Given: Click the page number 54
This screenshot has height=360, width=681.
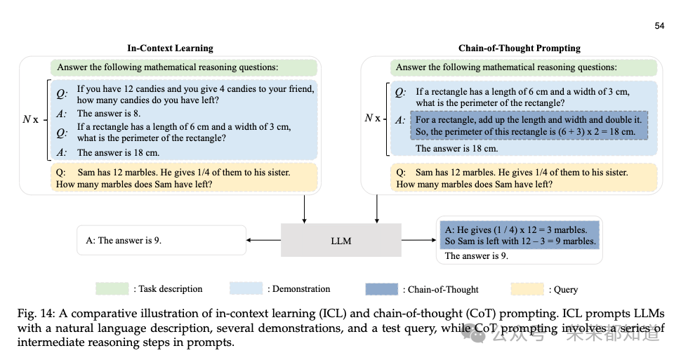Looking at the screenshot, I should (659, 26).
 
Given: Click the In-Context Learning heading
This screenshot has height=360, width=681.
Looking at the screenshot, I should (170, 48).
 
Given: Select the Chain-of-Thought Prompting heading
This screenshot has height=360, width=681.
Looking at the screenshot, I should (519, 48).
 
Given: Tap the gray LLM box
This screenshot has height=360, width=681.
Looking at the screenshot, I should (341, 241).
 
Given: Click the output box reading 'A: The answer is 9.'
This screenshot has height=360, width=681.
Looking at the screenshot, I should (161, 240).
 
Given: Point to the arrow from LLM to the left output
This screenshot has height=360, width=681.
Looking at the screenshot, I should (264, 240).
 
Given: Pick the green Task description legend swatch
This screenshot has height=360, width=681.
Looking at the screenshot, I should (113, 288).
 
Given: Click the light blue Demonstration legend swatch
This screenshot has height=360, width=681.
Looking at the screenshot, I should (246, 288).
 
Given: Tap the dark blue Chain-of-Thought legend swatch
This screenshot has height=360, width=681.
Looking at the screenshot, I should (382, 289).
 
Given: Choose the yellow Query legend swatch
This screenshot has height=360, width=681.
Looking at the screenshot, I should (526, 288).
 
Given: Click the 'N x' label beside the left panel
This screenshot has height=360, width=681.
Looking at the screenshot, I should (30, 119).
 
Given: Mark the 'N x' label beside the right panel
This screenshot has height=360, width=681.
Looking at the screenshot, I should (372, 117).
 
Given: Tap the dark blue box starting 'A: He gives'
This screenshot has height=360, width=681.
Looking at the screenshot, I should (520, 234).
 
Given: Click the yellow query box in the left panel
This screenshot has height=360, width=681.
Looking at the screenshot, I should (185, 178).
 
